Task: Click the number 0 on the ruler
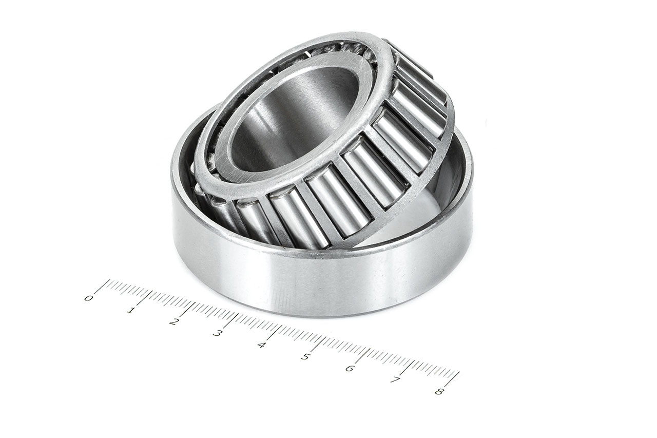coord(89,298)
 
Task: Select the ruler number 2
coord(175,322)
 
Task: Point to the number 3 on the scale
coord(218,334)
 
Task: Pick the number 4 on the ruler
coord(261,345)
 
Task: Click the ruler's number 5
coord(305,357)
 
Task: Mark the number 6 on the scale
coord(349,369)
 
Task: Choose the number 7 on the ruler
coord(394,380)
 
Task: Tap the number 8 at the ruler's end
coord(438,392)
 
